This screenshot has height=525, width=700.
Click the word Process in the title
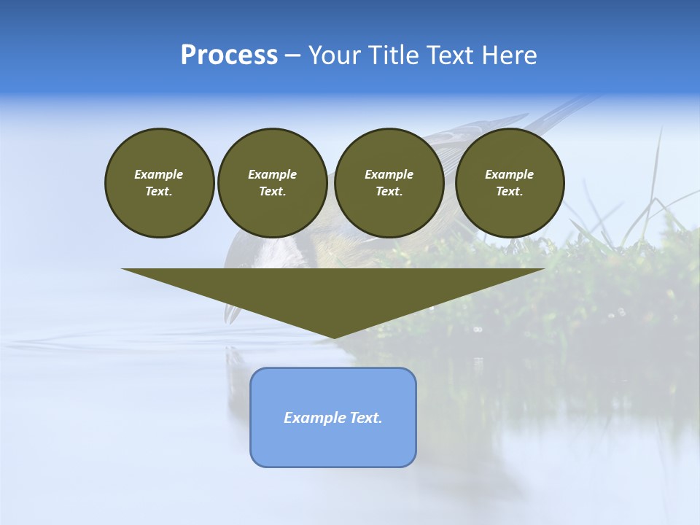coord(229,55)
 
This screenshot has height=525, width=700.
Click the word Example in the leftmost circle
coord(159,174)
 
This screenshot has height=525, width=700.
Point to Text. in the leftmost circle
coord(159,192)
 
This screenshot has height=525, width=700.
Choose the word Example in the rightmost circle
coord(510,174)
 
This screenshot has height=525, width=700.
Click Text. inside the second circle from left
coord(272,192)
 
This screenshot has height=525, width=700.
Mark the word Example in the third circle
coord(389,174)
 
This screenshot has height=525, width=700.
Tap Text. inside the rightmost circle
coord(510,192)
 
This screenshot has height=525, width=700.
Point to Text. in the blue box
coord(367,418)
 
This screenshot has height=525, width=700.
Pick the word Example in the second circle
coord(272,174)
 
